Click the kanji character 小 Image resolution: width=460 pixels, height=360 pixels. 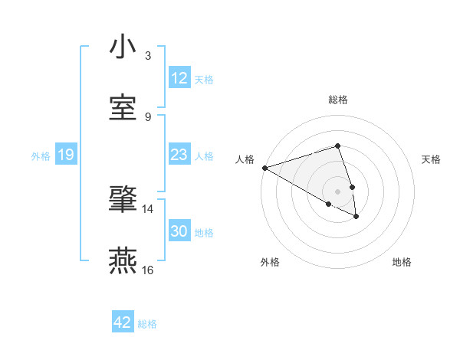coord(123,47)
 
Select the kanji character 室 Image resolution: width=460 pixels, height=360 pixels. coord(123,108)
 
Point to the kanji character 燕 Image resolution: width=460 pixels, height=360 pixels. coord(123,261)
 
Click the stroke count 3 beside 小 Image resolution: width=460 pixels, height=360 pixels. coord(148,55)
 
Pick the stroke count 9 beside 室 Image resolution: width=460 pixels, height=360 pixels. coord(148,116)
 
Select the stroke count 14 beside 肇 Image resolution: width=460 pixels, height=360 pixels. coord(148,208)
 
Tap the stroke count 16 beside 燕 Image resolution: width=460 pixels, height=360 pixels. coord(148,270)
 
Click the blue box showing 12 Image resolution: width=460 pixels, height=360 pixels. coord(179,78)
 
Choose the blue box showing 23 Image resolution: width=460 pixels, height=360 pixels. coord(179,155)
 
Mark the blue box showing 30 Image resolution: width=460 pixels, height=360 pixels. coord(179,231)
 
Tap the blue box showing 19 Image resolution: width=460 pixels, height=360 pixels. coord(65,155)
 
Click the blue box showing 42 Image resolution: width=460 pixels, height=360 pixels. coord(123,322)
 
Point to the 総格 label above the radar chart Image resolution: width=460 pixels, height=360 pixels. coord(338,100)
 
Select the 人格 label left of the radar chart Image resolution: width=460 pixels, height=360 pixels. coord(245,159)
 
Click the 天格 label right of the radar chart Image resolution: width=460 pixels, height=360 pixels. coord(432,159)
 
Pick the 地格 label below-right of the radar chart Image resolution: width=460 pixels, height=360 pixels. coord(402,262)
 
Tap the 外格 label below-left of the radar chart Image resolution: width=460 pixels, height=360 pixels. coord(270,262)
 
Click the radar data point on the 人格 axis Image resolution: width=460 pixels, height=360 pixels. coord(264,168)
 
